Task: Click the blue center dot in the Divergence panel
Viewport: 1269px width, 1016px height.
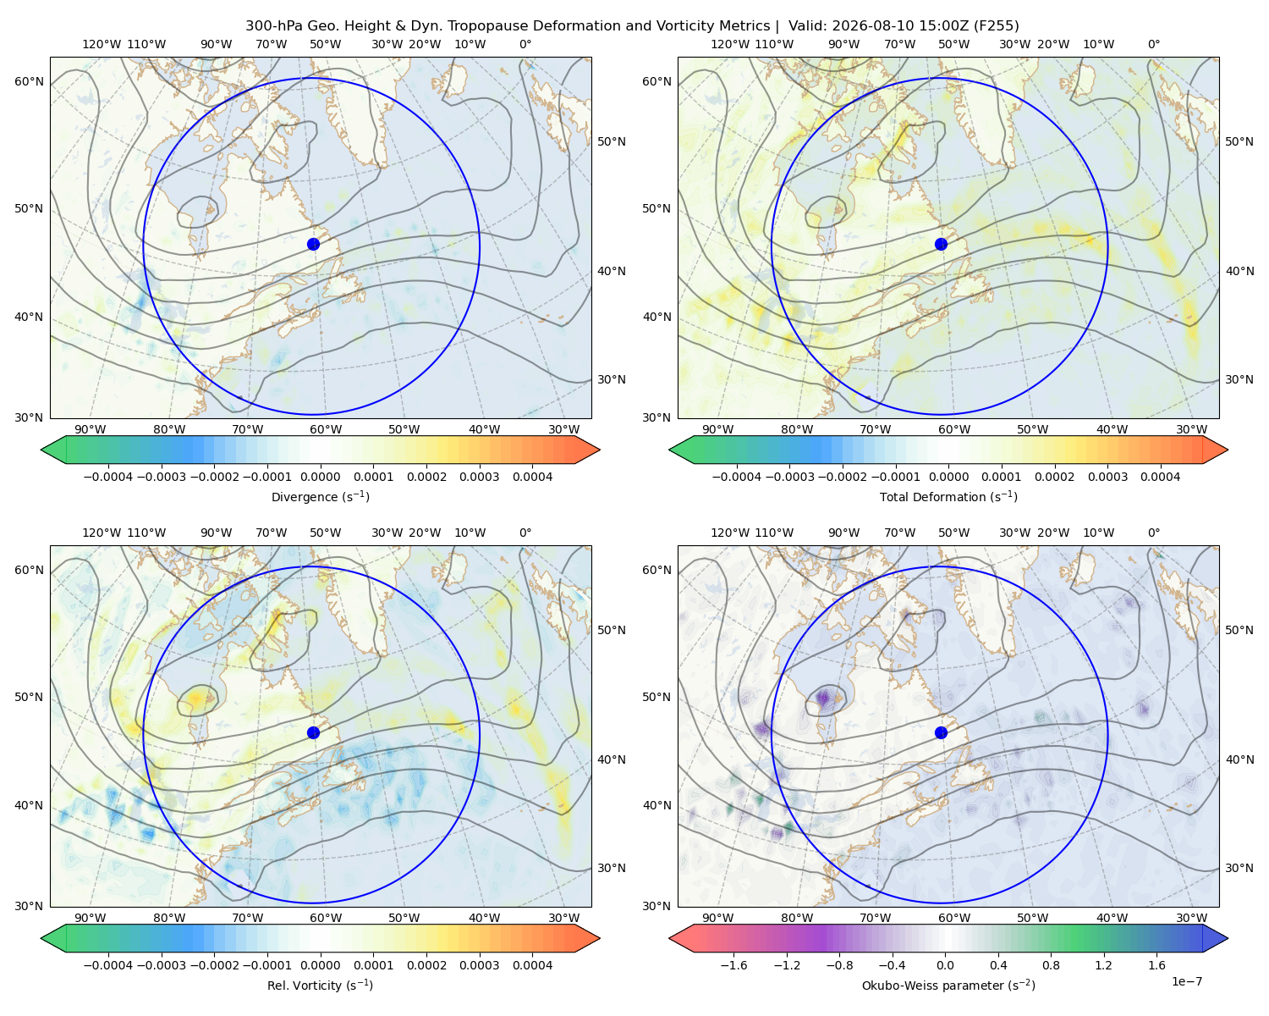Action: pos(313,244)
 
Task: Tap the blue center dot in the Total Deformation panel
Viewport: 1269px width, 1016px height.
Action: pos(941,244)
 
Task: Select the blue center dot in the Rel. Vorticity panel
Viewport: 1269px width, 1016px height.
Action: pos(313,732)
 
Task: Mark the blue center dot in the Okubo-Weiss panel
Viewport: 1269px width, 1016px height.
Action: pos(941,732)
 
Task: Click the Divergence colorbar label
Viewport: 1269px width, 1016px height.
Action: pos(320,496)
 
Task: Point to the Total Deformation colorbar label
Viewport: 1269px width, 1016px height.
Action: pos(948,496)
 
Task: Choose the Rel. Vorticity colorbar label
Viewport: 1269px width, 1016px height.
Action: pos(320,985)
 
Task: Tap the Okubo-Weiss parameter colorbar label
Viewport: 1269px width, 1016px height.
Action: pos(948,985)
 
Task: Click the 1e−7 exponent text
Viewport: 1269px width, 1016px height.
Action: pos(1186,981)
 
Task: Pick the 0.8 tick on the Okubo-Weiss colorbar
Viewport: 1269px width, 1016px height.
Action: pos(1051,965)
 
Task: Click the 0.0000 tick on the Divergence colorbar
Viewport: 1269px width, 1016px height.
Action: pos(320,477)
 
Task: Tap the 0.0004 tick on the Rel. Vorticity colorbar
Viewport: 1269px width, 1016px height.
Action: pos(532,965)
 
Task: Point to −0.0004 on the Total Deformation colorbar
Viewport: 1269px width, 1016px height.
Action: pos(736,477)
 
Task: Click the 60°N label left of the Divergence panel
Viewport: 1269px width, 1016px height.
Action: pos(29,81)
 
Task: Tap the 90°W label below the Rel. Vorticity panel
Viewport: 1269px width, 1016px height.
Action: pos(91,918)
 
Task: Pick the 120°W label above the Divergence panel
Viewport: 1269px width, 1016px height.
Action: pos(102,44)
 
